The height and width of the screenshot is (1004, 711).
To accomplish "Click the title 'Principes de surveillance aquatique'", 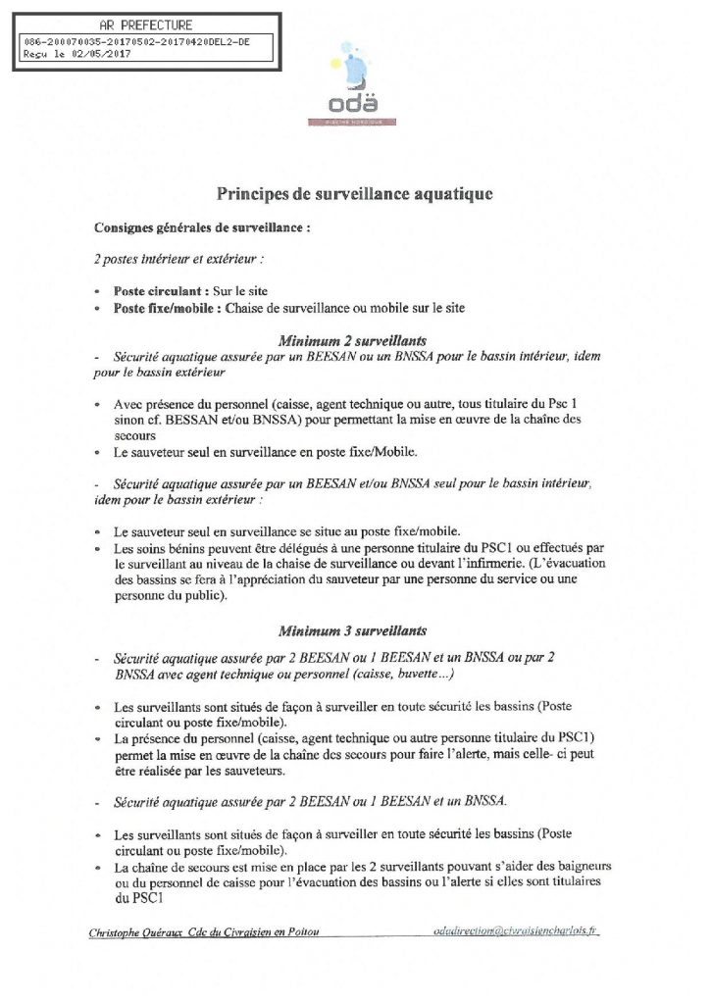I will (354, 194).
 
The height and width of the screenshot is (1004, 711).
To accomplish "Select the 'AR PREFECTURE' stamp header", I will (146, 25).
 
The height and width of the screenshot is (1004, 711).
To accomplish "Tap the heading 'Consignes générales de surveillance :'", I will (202, 227).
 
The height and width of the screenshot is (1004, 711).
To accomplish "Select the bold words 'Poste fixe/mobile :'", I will (168, 308).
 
